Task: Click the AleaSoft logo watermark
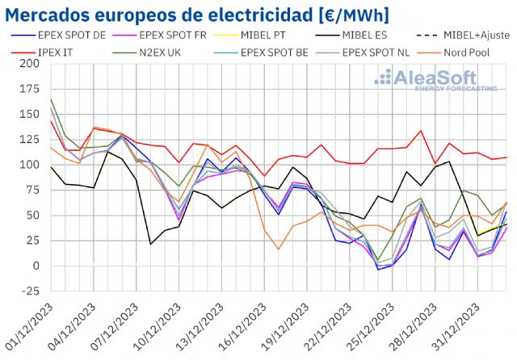click(436, 79)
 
